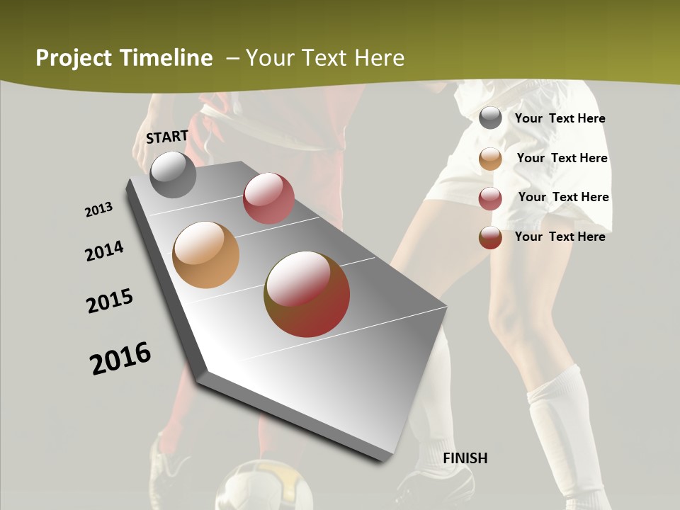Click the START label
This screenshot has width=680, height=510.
[167, 137]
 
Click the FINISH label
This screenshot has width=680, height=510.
[465, 458]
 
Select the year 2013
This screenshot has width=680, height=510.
[98, 210]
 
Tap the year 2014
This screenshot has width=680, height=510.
[104, 251]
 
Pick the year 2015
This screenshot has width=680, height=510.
[110, 301]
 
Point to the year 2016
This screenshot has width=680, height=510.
[120, 358]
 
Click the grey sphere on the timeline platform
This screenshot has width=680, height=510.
[173, 174]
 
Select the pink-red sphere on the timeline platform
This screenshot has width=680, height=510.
[268, 198]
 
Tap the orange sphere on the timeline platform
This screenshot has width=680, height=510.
[206, 255]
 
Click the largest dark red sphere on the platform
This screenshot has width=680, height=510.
[307, 294]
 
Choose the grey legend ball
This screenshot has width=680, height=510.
[490, 118]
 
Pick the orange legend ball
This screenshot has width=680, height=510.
[490, 159]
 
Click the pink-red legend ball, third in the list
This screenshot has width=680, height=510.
[490, 198]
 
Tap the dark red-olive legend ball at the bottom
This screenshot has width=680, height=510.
[490, 237]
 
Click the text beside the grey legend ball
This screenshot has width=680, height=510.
[560, 118]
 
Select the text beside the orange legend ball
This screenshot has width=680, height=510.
[562, 158]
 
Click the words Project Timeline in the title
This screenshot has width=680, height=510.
[124, 58]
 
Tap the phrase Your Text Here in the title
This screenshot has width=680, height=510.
[324, 58]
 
